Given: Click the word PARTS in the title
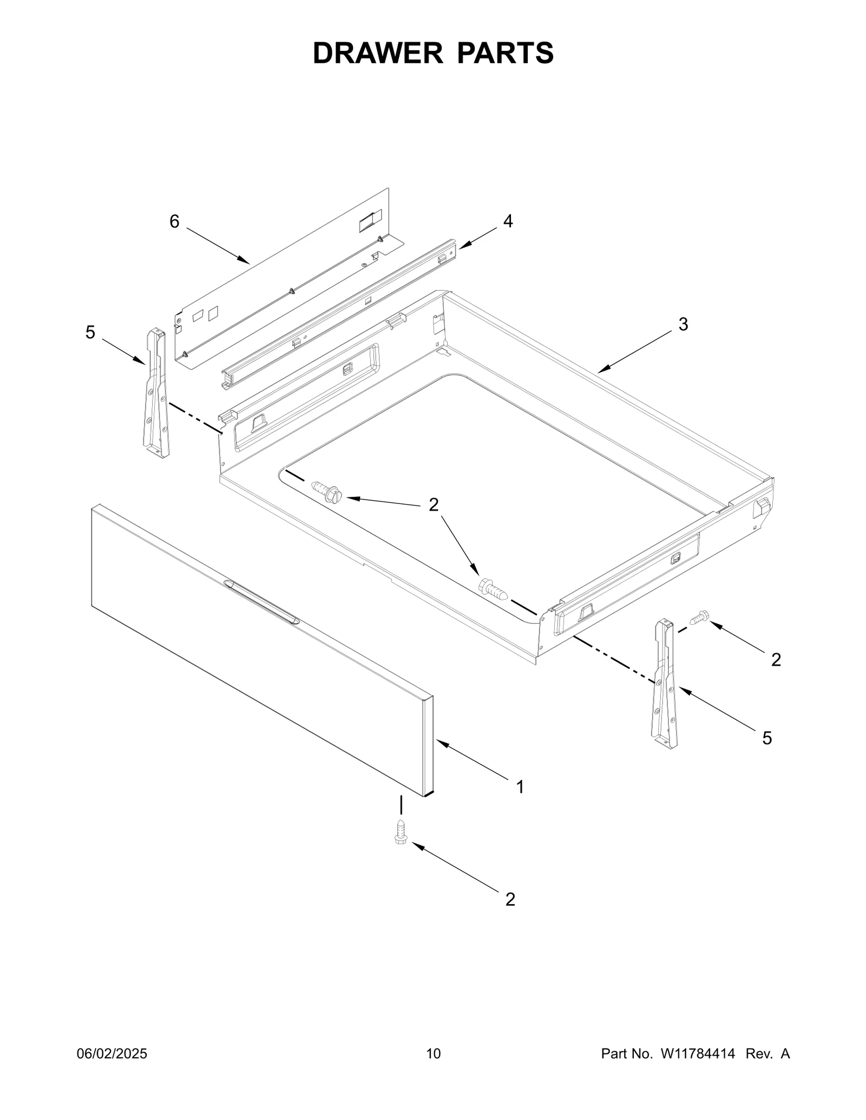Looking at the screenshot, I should (x=506, y=53).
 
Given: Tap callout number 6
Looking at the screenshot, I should (x=174, y=221).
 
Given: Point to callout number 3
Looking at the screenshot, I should (x=683, y=324).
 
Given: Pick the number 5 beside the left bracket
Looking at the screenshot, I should (x=90, y=332).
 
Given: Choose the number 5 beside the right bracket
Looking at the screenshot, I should (x=767, y=738).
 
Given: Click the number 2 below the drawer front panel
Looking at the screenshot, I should (x=510, y=899).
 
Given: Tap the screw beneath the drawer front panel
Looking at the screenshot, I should (x=401, y=846).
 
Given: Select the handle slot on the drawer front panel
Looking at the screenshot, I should (x=261, y=602).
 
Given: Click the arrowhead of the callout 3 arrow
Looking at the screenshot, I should (x=601, y=370).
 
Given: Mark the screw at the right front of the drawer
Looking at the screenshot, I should (x=493, y=589).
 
